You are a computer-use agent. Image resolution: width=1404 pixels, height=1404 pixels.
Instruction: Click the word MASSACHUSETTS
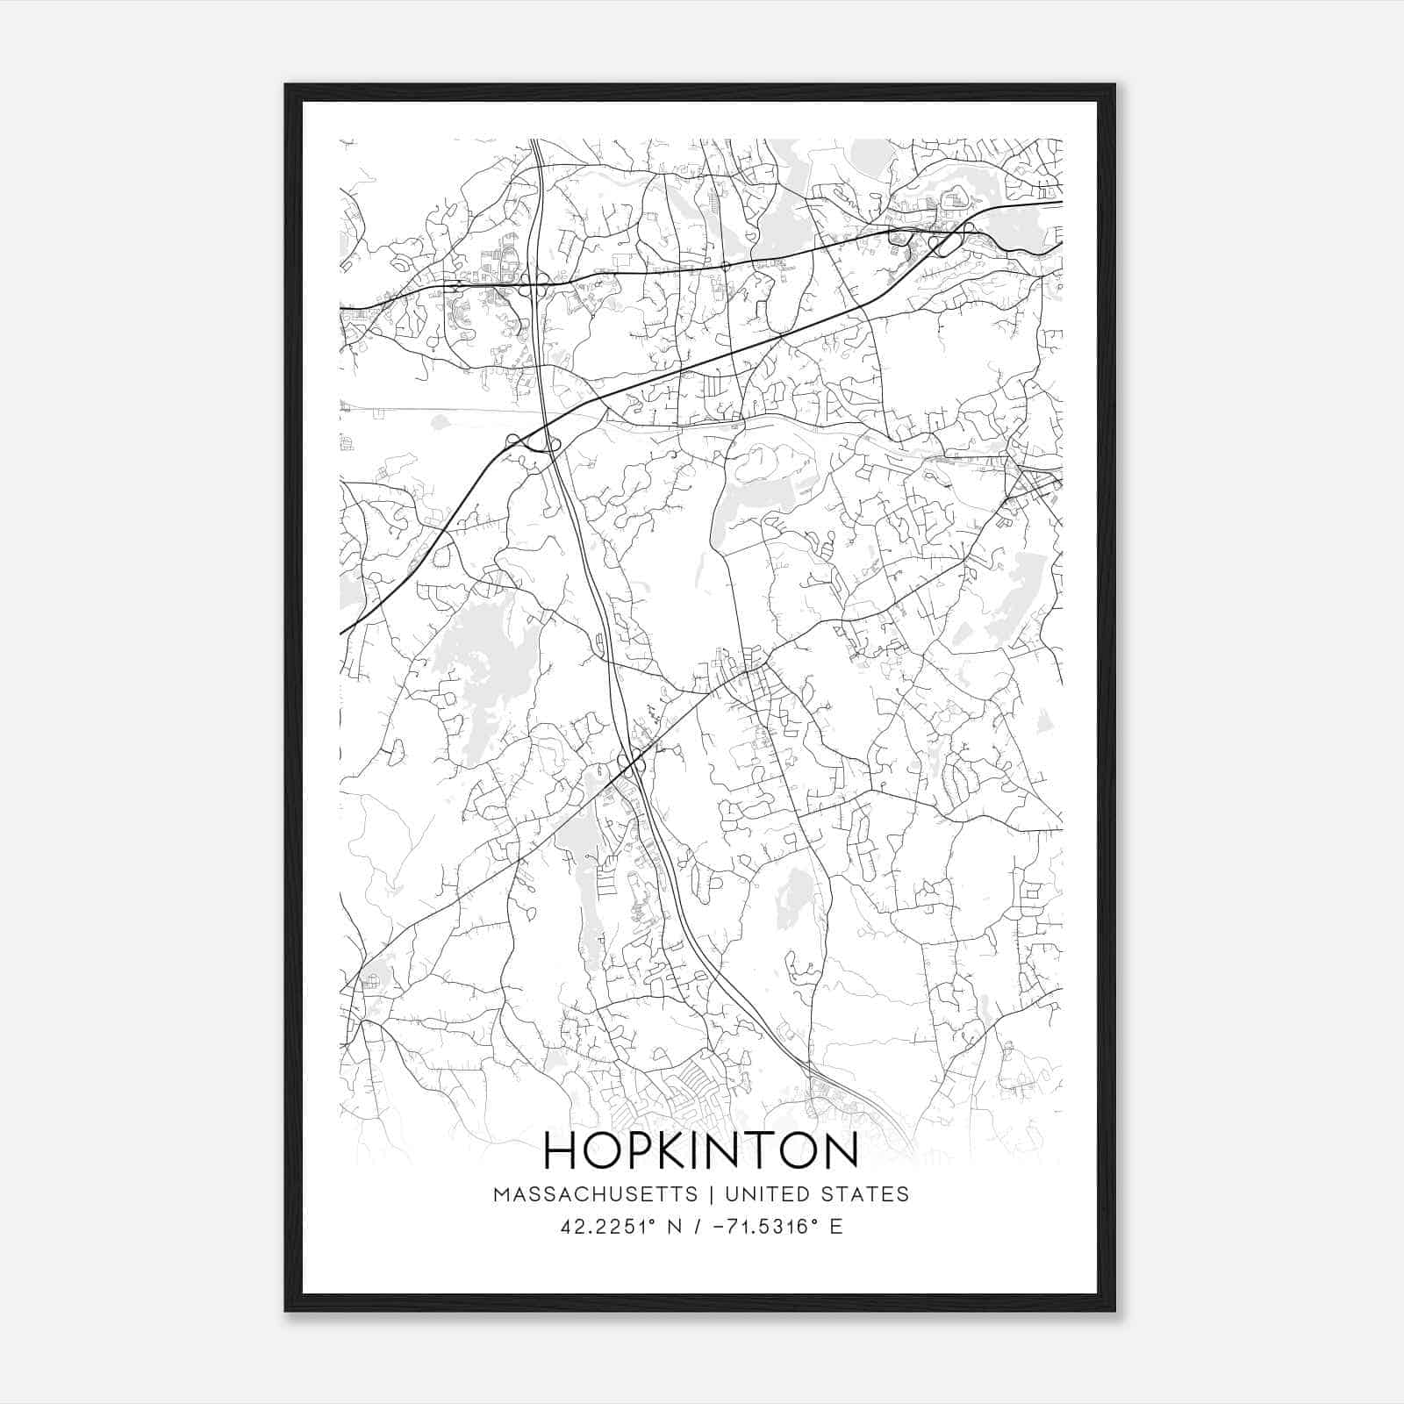tap(596, 1194)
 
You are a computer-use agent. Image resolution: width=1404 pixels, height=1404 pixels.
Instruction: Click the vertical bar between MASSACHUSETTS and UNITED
tap(711, 1194)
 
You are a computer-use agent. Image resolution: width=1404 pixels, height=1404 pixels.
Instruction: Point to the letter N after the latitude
tap(676, 1227)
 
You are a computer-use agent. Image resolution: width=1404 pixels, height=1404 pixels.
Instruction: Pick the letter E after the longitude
tap(835, 1227)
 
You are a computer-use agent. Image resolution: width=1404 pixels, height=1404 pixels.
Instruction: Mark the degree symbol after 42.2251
tap(655, 1221)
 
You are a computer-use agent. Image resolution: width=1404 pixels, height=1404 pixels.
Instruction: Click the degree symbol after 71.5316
tap(814, 1221)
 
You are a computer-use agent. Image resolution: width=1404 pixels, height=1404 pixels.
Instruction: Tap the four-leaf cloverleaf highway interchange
tap(534, 283)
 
